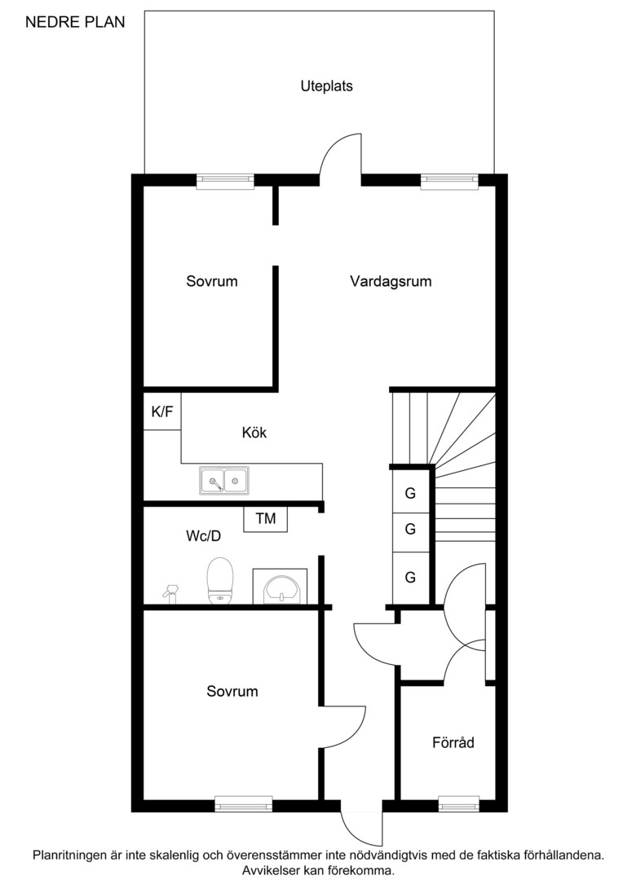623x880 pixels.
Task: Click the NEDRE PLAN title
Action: [75, 23]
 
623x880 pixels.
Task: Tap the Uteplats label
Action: [326, 86]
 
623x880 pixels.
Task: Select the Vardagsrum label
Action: [391, 282]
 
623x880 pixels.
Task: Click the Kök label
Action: [254, 433]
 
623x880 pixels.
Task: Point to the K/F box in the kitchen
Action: [162, 412]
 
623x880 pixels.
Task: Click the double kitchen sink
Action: [224, 481]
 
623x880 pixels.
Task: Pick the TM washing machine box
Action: [265, 518]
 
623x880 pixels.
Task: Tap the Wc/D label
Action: [204, 537]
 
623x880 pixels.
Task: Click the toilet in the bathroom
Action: [220, 580]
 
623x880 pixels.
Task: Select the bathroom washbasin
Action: [280, 587]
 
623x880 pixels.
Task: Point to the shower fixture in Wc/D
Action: [170, 592]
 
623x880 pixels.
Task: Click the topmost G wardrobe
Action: [410, 493]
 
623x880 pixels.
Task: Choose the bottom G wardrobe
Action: [410, 578]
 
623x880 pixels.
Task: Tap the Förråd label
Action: [453, 743]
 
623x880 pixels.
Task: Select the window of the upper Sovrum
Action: [225, 182]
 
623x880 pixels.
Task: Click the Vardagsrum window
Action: [448, 182]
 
